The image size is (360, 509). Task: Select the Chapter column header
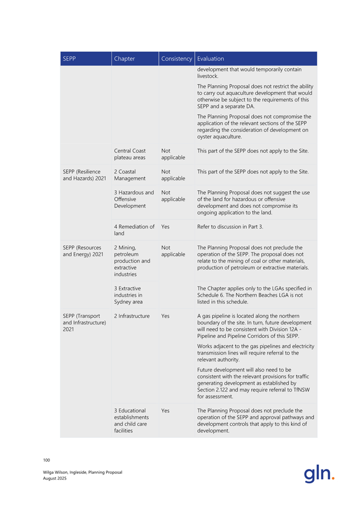124,59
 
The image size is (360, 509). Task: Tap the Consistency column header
176,59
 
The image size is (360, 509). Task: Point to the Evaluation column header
210,59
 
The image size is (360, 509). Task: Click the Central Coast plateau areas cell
130,154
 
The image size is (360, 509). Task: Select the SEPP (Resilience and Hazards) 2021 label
82,175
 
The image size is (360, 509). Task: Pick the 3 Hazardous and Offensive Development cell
134,199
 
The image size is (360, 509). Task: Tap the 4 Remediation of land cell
134,230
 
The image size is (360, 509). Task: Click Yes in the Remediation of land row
165,227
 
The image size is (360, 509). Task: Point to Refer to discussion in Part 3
231,227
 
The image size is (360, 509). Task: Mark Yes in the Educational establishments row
165,411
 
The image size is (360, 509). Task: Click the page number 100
46,460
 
